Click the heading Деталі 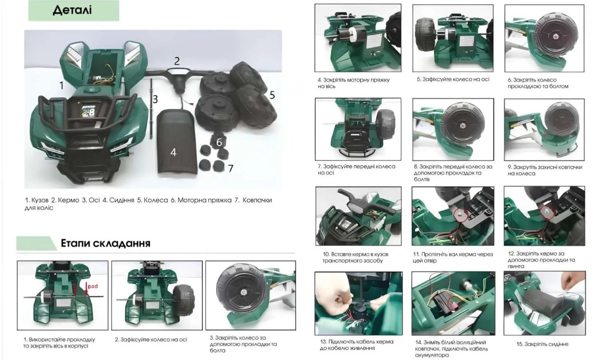pos(72,10)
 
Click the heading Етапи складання pos(106,243)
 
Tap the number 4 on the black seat pos(173,152)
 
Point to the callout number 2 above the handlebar pos(177,61)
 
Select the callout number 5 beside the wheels pos(272,95)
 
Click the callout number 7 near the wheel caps pos(231,168)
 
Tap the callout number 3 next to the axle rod pos(156,100)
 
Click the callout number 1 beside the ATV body pos(61,85)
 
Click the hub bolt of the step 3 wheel pos(243,292)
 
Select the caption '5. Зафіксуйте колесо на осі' pos(453,79)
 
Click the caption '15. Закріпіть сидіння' pos(542,344)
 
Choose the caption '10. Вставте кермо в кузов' pos(356,254)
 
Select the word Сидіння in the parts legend pos(122,200)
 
